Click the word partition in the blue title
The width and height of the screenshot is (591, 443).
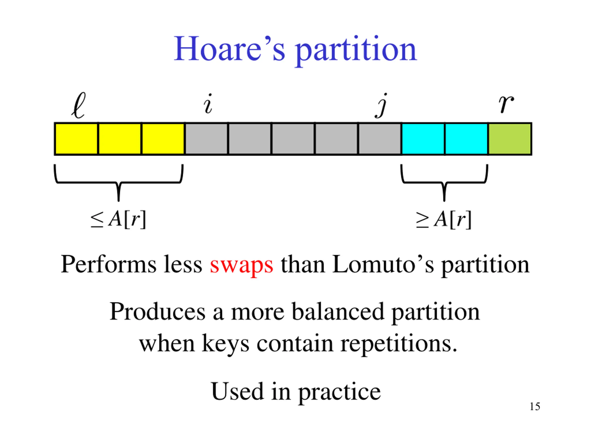point(356,51)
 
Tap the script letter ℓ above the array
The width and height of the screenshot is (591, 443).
point(78,106)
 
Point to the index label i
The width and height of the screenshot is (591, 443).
point(208,104)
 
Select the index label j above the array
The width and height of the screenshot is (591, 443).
point(382,105)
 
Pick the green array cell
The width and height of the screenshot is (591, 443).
point(510,139)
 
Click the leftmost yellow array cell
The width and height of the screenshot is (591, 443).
point(76,139)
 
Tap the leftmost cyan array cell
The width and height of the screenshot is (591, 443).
point(423,139)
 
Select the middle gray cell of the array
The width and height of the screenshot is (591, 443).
point(293,139)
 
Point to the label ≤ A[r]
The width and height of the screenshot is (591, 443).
point(118,219)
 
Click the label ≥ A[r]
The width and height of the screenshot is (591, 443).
point(444,219)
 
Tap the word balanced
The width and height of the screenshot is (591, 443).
point(338,312)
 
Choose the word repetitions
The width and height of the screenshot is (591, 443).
point(399,344)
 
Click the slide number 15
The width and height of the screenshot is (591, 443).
point(535,407)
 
